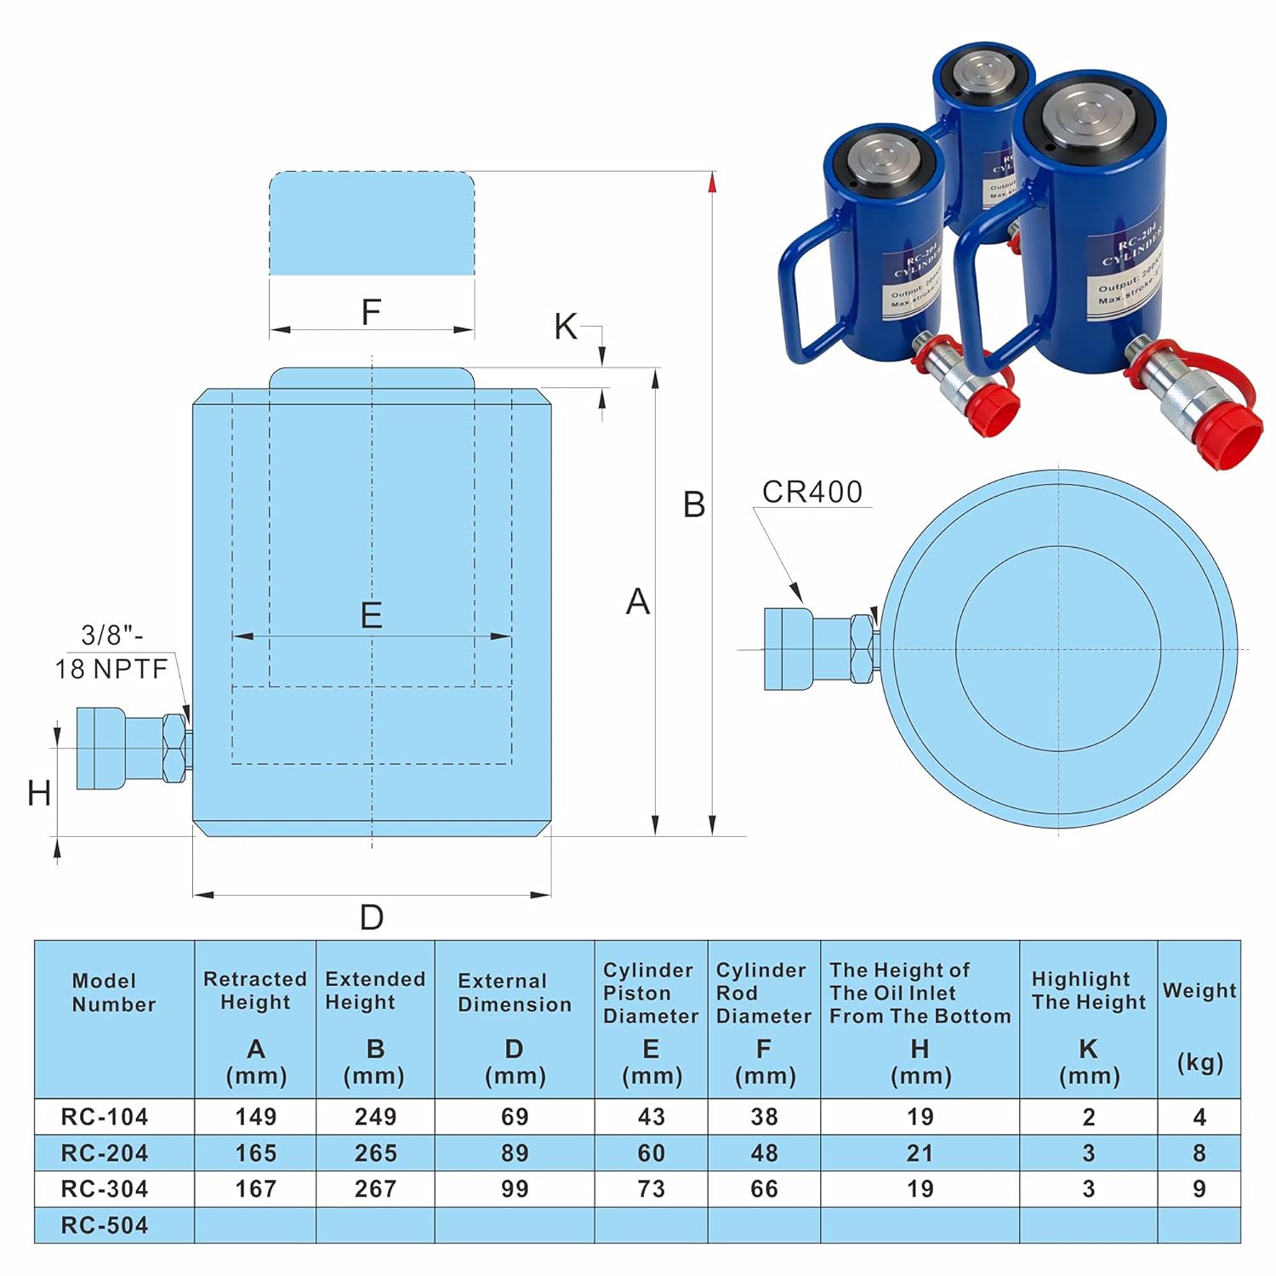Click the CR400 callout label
(x=812, y=492)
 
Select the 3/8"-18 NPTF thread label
(x=111, y=652)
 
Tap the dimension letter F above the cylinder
(x=371, y=312)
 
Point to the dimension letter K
(x=565, y=327)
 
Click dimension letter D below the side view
(x=372, y=918)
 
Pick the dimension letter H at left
(x=39, y=794)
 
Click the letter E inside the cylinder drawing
(x=371, y=615)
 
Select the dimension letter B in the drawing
(x=694, y=505)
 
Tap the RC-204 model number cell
(x=105, y=1153)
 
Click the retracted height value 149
(x=255, y=1116)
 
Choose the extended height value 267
(x=375, y=1189)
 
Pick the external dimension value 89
(x=515, y=1153)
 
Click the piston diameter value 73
(x=651, y=1189)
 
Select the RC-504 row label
(x=105, y=1225)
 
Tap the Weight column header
(x=1199, y=991)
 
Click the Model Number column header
(x=113, y=993)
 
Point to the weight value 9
(x=1199, y=1189)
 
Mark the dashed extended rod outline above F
(x=372, y=223)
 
